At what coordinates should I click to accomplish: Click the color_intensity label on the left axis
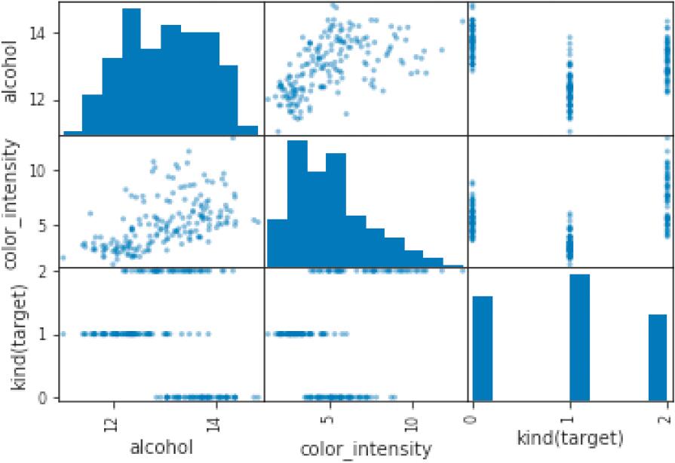coord(12,202)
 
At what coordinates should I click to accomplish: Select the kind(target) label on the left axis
coord(12,335)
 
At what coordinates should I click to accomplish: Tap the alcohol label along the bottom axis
coord(162,446)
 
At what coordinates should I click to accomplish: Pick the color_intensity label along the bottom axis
coord(367,449)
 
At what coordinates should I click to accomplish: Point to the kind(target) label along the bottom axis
coord(571,437)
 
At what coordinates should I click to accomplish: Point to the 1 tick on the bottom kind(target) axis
coord(569,413)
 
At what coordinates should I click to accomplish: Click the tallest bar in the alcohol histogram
coord(131,72)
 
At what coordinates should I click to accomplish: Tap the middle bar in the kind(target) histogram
coord(579,336)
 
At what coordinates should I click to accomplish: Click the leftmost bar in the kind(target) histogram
coord(483,348)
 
